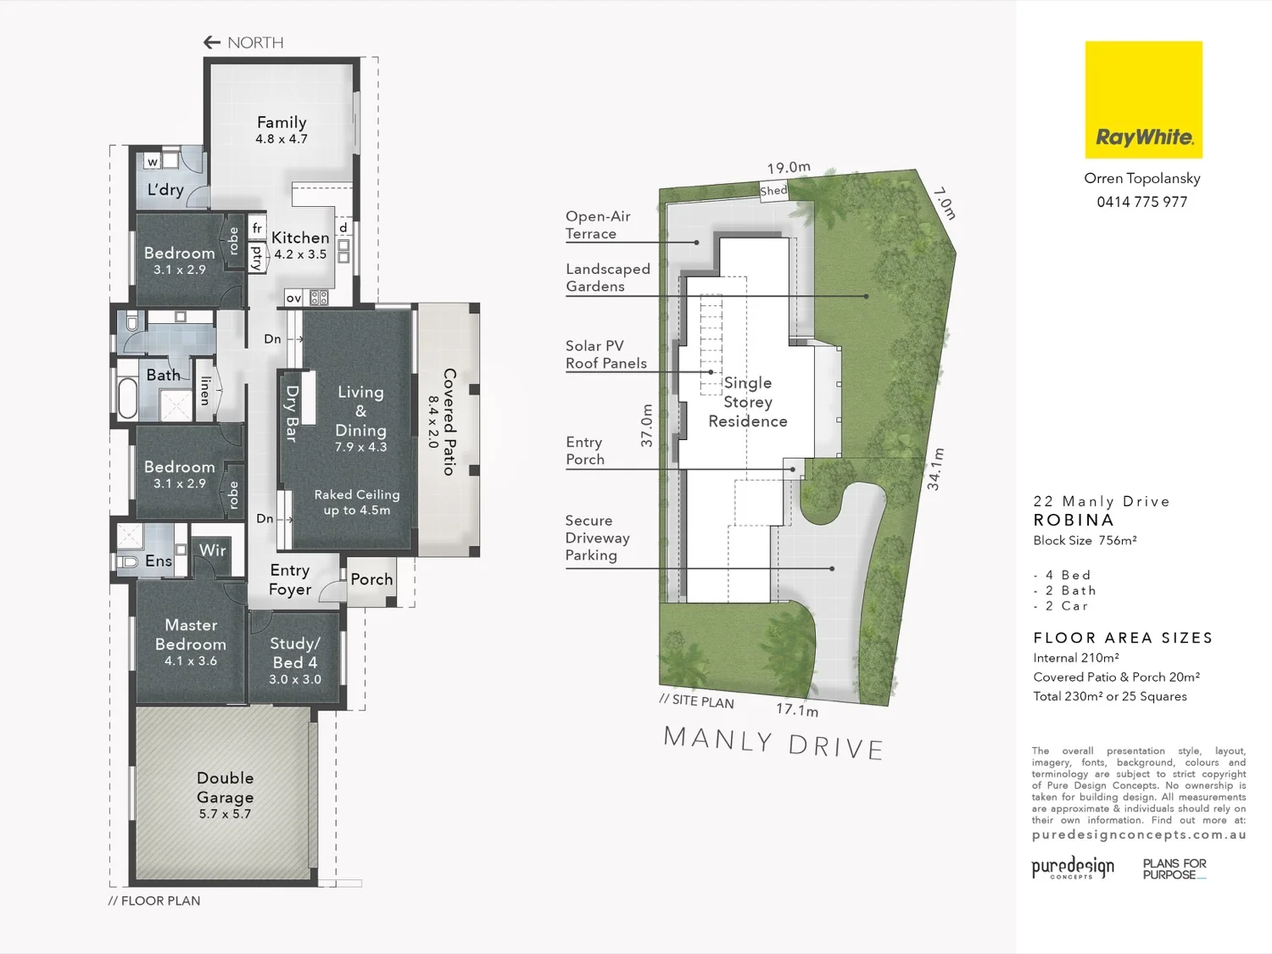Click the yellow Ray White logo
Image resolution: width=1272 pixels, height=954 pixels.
[1143, 99]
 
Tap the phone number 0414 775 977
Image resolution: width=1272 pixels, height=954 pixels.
[1141, 202]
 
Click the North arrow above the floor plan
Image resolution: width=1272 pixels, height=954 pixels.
[212, 42]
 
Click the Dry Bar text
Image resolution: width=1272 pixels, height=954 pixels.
[292, 414]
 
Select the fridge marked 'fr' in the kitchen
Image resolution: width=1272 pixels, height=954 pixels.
[257, 228]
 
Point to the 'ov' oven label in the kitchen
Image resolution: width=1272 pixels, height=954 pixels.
[293, 298]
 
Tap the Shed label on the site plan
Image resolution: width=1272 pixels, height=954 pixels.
[773, 191]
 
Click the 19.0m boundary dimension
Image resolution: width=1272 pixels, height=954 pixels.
[789, 167]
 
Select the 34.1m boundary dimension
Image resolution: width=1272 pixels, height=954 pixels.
[935, 469]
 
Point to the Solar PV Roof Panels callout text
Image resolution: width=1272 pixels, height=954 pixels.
[606, 354]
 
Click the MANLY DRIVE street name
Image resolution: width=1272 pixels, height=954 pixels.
[773, 743]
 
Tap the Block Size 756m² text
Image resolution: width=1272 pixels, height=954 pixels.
[1085, 540]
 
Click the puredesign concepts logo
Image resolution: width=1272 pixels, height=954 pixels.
[1073, 868]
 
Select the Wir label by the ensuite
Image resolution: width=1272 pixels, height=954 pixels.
[213, 550]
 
